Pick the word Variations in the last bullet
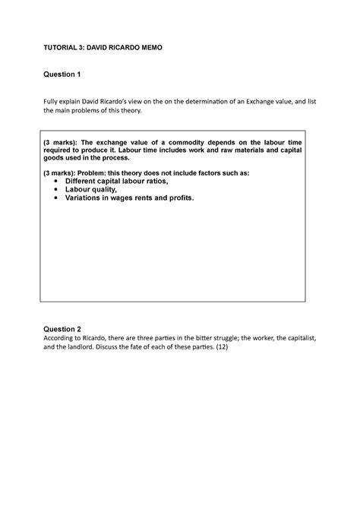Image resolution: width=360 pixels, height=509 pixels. [88, 198]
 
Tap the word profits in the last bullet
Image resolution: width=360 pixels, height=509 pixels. [179, 198]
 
